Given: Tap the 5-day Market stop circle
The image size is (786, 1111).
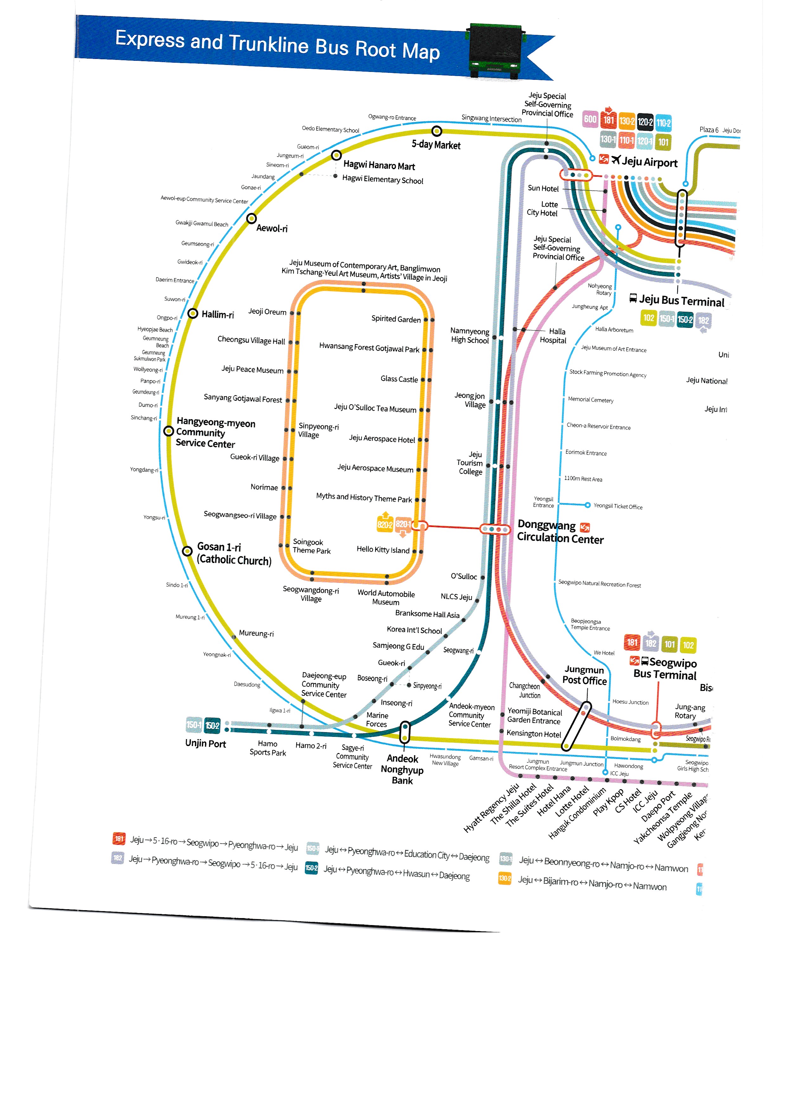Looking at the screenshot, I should (436, 131).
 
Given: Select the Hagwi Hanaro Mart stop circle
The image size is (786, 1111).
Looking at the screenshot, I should (336, 155).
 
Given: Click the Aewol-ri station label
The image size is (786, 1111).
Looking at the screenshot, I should (272, 228).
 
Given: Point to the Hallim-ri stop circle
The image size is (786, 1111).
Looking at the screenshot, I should (193, 314).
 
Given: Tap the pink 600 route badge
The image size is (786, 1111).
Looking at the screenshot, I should (590, 119).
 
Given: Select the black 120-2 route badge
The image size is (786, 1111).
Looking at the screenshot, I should (645, 121).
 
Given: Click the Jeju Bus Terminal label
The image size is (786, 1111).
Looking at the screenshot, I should (681, 301).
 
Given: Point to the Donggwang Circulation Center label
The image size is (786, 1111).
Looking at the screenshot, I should (560, 532).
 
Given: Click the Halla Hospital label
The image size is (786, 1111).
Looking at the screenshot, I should (553, 336).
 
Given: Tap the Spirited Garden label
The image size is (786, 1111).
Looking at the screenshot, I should (396, 319).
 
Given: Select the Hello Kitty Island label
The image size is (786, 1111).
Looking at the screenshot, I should (383, 550).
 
